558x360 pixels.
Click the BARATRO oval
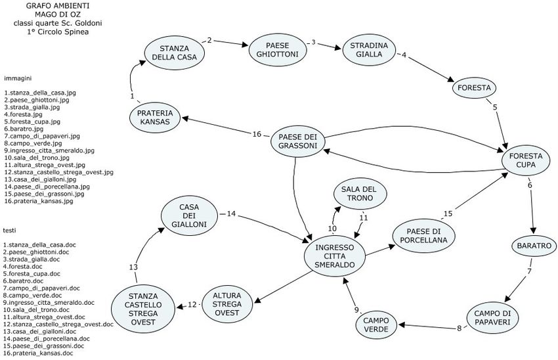(534, 245)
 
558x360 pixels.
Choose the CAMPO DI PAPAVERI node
(492, 319)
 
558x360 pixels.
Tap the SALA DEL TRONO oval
(358, 194)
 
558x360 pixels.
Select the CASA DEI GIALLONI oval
(189, 215)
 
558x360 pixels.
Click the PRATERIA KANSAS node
(154, 118)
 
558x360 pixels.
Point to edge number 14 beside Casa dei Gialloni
(232, 214)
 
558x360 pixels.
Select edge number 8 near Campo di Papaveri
(460, 328)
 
